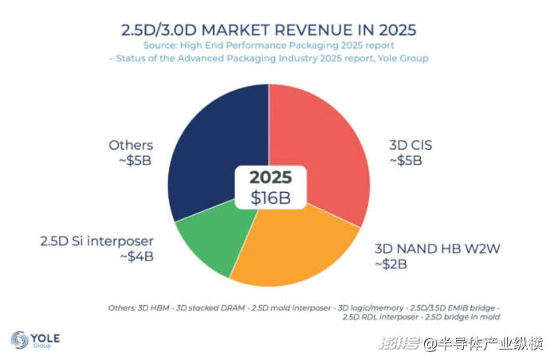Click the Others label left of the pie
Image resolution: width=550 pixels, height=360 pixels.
pos(131,145)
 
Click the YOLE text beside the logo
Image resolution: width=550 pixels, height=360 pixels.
pos(45,336)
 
